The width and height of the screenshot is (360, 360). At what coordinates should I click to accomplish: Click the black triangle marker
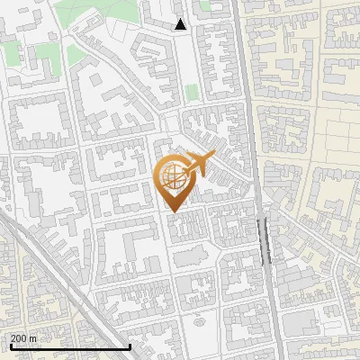pos(181,24)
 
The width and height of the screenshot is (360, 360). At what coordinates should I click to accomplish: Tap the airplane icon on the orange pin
pos(199,166)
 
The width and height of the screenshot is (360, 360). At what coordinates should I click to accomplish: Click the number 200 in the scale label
pos(19,338)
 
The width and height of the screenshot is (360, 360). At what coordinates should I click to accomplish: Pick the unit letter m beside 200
pos(33,338)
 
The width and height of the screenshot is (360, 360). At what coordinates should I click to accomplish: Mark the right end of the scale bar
pos(131,346)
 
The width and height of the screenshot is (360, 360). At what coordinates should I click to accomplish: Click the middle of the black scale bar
pos(70,346)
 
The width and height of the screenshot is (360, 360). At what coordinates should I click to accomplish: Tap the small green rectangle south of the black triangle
pos(191,92)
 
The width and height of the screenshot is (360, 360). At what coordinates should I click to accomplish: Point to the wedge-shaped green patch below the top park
pos(76,54)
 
